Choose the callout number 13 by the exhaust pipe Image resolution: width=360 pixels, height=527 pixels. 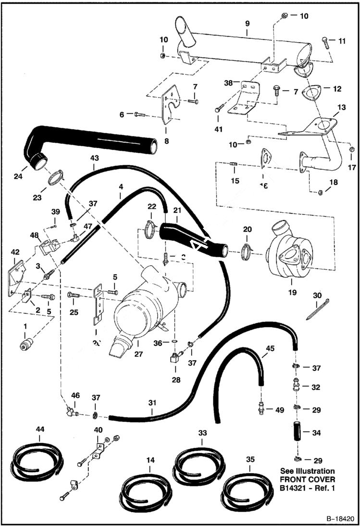coord(342,107)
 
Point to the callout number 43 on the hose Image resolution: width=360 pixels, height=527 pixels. coord(93,157)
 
